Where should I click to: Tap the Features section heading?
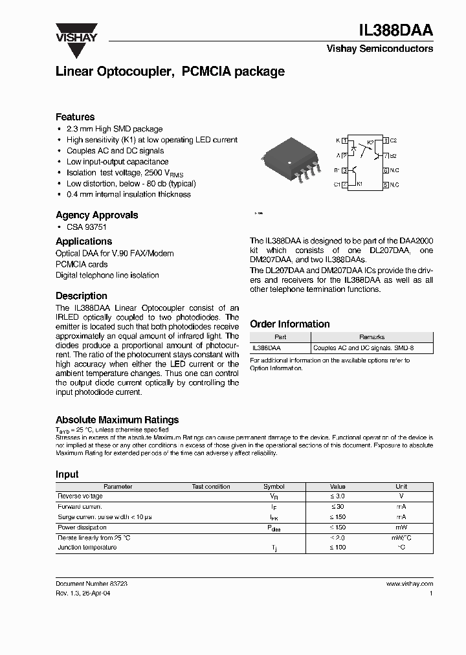pos(75,117)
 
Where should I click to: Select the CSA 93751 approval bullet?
pos(86,228)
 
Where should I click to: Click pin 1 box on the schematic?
pos(344,140)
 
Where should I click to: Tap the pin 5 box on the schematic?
pos(386,185)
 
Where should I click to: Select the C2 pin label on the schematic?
pos(393,140)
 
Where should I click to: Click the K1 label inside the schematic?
pos(360,184)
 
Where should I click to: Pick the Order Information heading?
pos(290,324)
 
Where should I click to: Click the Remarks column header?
pos(372,337)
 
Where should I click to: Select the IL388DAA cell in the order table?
pos(266,348)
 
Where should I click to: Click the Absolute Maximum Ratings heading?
pos(117,420)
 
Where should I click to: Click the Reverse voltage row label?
pos(80,496)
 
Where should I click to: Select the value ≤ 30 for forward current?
pos(338,507)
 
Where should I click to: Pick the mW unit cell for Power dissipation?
pos(401,527)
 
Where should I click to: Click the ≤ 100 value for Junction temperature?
pos(338,548)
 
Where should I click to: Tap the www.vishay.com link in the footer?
pos(410,584)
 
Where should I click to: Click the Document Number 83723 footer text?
pos(91,584)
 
